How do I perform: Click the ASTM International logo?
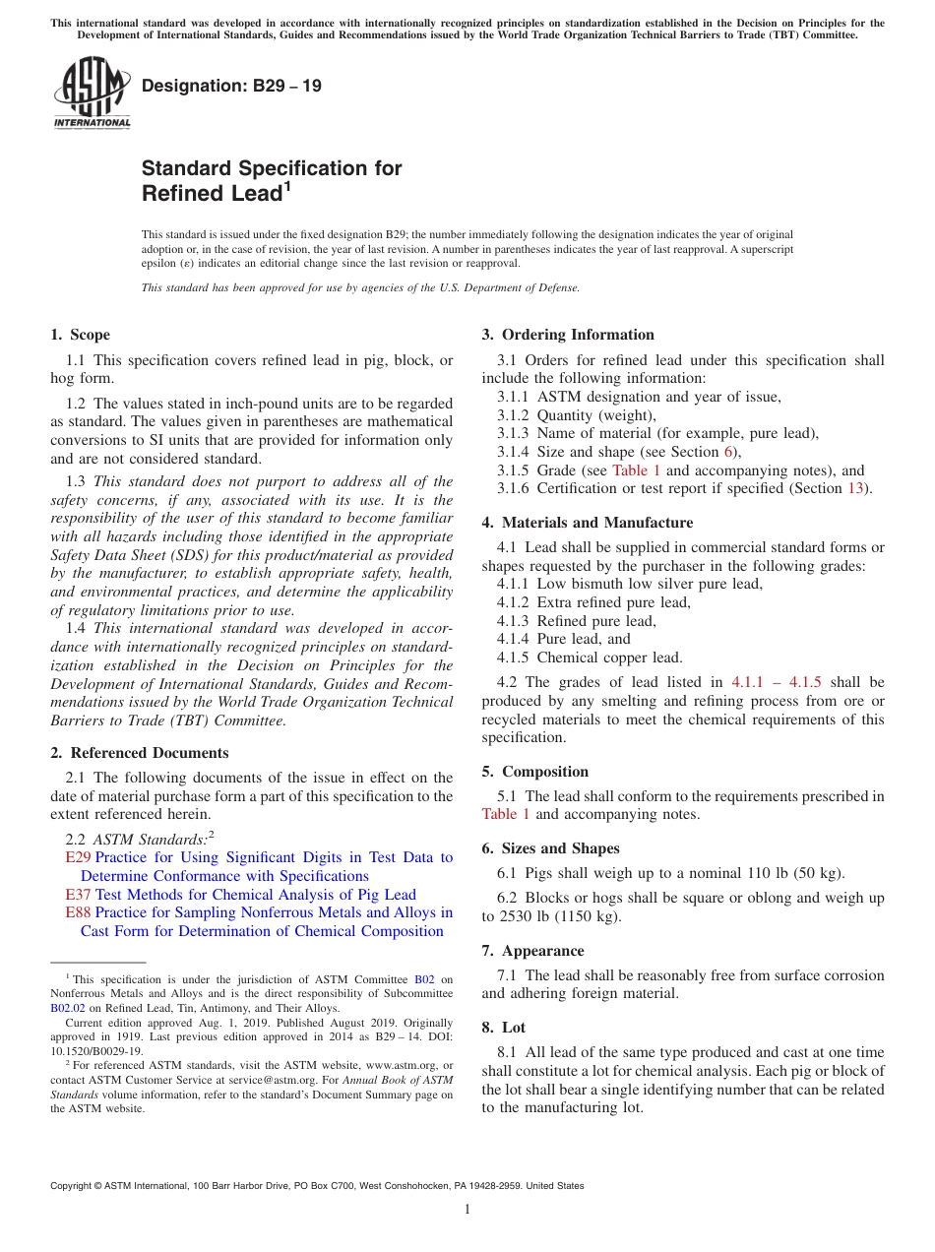92,94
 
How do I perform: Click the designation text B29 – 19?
231,86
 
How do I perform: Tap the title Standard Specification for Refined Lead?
272,180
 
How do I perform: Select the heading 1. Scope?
81,335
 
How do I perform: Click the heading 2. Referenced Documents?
140,753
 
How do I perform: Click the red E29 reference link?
79,857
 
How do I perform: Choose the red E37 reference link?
79,895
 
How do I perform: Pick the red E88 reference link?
79,912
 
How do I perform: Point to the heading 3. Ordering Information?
568,335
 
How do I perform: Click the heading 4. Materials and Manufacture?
588,523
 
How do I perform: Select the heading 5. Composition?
535,772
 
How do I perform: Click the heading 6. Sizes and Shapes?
551,848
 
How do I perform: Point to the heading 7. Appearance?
532,951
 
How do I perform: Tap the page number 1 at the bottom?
467,1209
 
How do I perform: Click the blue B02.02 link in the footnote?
68,1008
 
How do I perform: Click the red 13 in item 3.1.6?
855,488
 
